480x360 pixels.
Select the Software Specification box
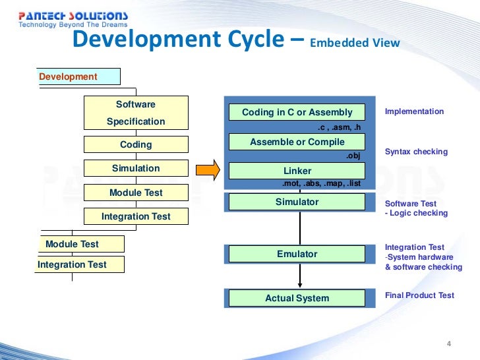136,113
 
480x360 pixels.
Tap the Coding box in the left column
136,144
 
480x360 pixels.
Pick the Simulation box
136,168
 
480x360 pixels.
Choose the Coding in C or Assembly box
297,112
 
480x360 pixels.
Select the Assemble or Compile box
297,142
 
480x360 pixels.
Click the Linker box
297,171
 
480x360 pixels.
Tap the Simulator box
297,202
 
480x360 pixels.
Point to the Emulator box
297,254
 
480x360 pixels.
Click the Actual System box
297,298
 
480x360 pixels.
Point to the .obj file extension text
355,156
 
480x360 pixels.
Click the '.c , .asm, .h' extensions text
340,127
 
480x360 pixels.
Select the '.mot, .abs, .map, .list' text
321,184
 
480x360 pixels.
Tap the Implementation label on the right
414,111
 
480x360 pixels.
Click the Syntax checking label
416,152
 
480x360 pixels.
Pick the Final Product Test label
419,295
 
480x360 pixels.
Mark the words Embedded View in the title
355,44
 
